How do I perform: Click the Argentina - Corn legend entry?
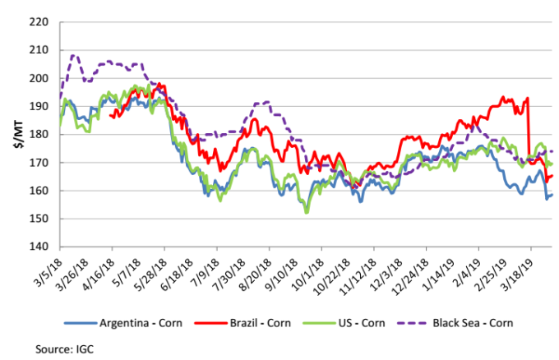(x=134, y=323)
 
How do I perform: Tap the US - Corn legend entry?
(x=351, y=323)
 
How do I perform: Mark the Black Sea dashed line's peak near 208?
(x=75, y=56)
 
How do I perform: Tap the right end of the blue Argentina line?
(x=552, y=195)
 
